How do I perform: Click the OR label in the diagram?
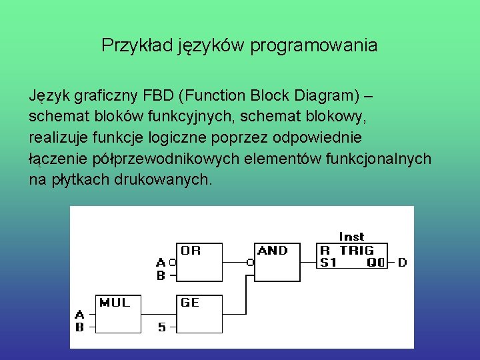click(x=190, y=251)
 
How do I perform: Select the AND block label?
click(x=273, y=251)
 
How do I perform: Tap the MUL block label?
click(x=115, y=303)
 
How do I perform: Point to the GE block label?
click(x=190, y=303)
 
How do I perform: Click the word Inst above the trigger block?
click(x=351, y=237)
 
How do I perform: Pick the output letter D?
click(x=402, y=263)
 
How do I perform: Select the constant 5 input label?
click(x=162, y=327)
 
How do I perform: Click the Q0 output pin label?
click(x=376, y=263)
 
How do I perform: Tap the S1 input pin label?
click(x=329, y=263)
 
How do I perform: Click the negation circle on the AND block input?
click(x=250, y=263)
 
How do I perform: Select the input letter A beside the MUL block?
click(x=79, y=315)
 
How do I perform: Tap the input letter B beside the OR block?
click(x=161, y=274)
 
